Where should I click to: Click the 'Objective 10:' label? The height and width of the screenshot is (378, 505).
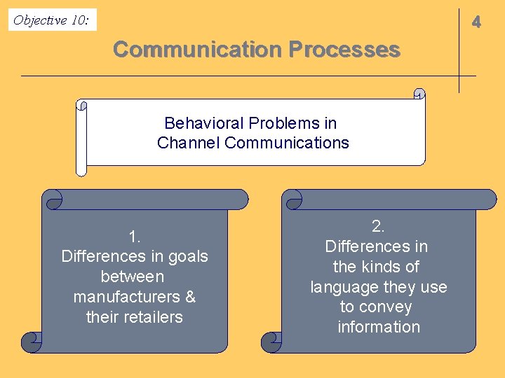pyautogui.click(x=51, y=20)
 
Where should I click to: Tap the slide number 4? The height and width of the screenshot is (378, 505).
pyautogui.click(x=476, y=22)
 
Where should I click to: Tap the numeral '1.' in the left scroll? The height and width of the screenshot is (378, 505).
pyautogui.click(x=135, y=236)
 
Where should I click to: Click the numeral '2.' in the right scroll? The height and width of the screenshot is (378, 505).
pyautogui.click(x=378, y=226)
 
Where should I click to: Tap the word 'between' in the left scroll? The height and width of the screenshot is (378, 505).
pyautogui.click(x=133, y=276)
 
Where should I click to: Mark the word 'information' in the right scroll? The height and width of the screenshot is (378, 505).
pyautogui.click(x=379, y=327)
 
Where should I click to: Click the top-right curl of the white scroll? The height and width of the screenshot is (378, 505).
pyautogui.click(x=419, y=94)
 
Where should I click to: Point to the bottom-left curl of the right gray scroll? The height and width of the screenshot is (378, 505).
pyautogui.click(x=271, y=342)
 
